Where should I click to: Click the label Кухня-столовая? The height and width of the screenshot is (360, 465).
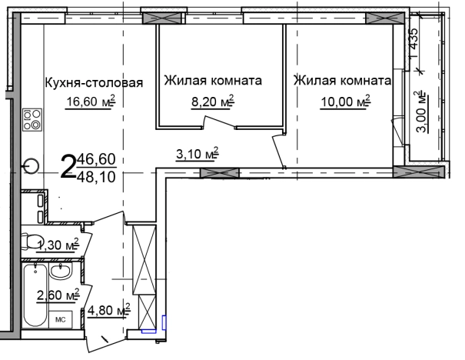click(x=95, y=83)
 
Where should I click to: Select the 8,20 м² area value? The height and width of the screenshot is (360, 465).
click(x=211, y=100)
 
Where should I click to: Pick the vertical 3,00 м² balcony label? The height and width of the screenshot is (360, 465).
click(x=420, y=113)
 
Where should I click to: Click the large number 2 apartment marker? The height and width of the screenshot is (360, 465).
click(x=68, y=165)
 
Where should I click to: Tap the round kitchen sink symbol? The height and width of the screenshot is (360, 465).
click(x=32, y=165)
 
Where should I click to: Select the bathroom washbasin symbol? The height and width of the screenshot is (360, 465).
click(x=60, y=272)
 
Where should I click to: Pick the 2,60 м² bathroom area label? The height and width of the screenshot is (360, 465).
click(x=58, y=294)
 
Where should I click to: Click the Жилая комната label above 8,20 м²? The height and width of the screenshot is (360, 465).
click(x=212, y=80)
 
